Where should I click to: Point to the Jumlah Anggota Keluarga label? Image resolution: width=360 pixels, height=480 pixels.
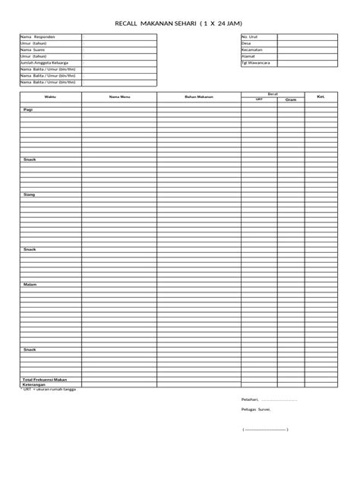coord(46,63)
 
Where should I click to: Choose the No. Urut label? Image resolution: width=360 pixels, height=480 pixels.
coord(250,36)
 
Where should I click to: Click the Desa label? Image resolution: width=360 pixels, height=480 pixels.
coord(246,43)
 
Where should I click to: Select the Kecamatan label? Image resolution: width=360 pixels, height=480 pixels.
coord(251,49)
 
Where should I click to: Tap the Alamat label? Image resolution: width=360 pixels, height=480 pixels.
coord(248,56)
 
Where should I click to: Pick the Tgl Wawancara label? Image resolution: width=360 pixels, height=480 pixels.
coord(255,63)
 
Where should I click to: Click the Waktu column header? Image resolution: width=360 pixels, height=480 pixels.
coord(50,97)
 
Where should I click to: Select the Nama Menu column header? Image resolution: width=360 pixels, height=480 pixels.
coord(119,97)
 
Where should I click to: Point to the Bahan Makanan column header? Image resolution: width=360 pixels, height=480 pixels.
coord(199,97)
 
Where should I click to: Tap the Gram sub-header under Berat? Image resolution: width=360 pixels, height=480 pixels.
coord(291,99)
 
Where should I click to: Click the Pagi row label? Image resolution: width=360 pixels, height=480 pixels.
coord(28,110)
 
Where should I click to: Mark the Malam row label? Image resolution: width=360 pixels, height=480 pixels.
coord(30,284)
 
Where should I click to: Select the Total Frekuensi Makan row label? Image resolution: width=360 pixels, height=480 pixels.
coord(45,378)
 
